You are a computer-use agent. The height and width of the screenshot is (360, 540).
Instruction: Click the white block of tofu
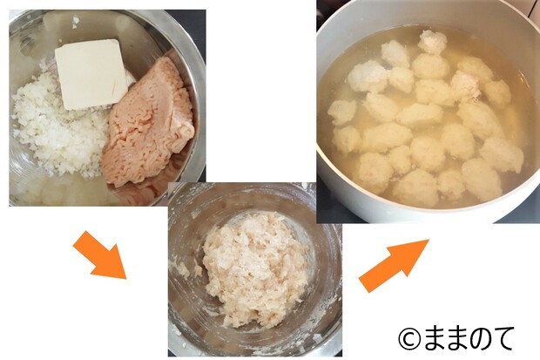[x=91, y=74]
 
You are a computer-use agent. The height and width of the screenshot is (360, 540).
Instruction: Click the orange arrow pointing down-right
[x=100, y=255]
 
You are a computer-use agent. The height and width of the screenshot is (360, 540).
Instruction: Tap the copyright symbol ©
[x=409, y=338]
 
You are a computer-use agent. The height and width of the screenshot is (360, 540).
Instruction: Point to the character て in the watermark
[x=503, y=338]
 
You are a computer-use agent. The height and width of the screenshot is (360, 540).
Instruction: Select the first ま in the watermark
[x=433, y=338]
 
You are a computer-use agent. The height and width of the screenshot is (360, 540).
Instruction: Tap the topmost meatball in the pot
[x=433, y=42]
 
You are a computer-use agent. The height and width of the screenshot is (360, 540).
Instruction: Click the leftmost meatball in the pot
[x=341, y=112]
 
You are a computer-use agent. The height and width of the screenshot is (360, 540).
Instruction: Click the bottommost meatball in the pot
[x=415, y=188]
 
